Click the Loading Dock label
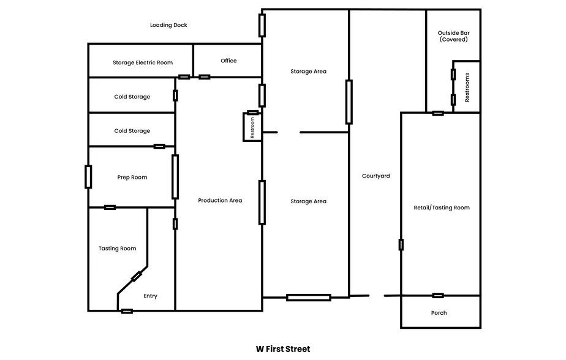(168, 25)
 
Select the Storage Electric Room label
(142, 62)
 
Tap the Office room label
(228, 61)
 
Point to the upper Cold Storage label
(132, 97)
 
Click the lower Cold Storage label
(132, 131)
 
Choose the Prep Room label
(132, 178)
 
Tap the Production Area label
(220, 200)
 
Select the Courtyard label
(375, 176)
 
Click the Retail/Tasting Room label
(442, 208)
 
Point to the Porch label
(439, 313)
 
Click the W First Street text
(283, 349)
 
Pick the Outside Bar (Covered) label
(453, 36)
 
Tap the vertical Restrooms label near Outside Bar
(467, 87)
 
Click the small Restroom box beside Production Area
(252, 127)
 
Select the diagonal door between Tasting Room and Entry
(137, 277)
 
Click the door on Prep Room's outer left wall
(88, 176)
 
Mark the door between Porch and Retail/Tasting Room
(438, 296)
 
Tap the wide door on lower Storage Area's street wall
(308, 298)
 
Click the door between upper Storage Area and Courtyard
(349, 102)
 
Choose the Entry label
(150, 296)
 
